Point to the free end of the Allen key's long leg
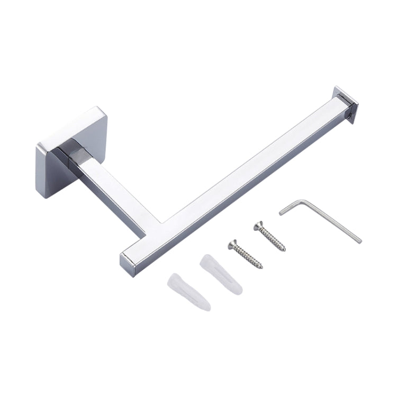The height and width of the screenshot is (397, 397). click(359, 241)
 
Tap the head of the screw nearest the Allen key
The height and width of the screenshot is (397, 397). click(258, 225)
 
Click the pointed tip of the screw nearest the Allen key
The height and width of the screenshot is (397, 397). click(284, 249)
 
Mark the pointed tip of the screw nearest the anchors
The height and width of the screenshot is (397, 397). click(261, 267)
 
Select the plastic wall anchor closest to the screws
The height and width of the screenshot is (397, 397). click(221, 275)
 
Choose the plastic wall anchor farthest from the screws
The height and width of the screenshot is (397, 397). click(189, 291)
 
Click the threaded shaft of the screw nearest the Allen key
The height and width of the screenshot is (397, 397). click(273, 239)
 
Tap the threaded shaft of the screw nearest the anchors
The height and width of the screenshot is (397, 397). click(248, 257)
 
